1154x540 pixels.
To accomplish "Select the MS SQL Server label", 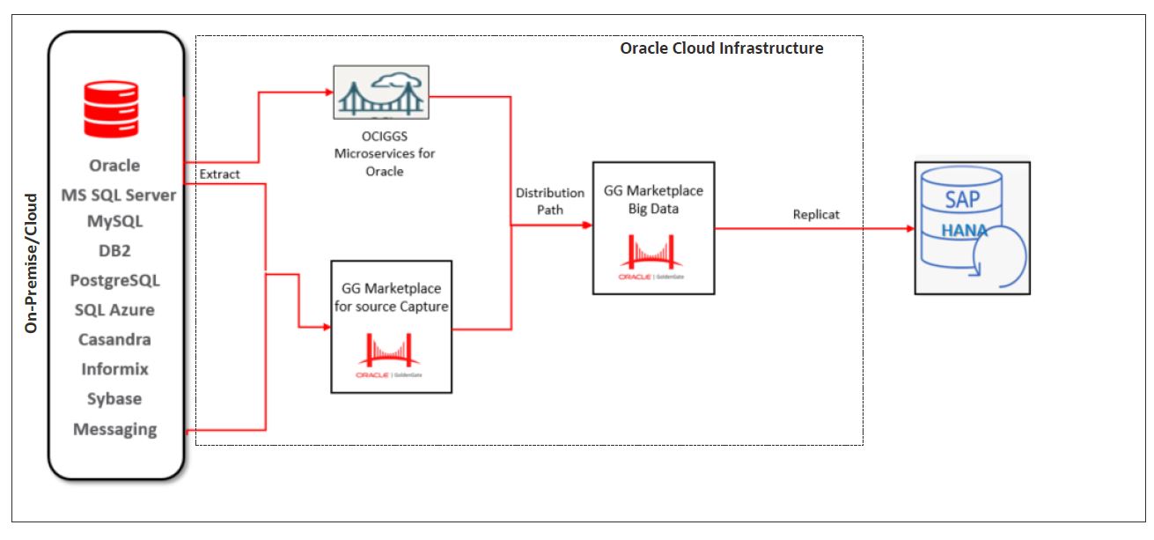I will pos(118,195).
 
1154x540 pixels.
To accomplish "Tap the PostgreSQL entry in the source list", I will pos(114,280).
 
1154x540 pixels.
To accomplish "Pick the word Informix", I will pos(114,369).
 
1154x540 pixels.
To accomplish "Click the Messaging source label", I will pos(114,429).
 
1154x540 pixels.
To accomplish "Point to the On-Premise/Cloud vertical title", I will pos(32,263).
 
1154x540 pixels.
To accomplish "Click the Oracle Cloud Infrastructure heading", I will pos(721,48).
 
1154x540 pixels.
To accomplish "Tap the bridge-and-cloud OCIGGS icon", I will pos(381,92).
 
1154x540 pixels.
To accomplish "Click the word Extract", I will pos(220,174).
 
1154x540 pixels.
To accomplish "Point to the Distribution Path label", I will pos(550,201).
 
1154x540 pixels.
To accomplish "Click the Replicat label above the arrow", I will pos(816,215).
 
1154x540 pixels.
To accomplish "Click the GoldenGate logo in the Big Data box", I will pos(652,258).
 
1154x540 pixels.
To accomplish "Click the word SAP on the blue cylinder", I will pos(962,199).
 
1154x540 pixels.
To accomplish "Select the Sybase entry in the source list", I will pos(114,399).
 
